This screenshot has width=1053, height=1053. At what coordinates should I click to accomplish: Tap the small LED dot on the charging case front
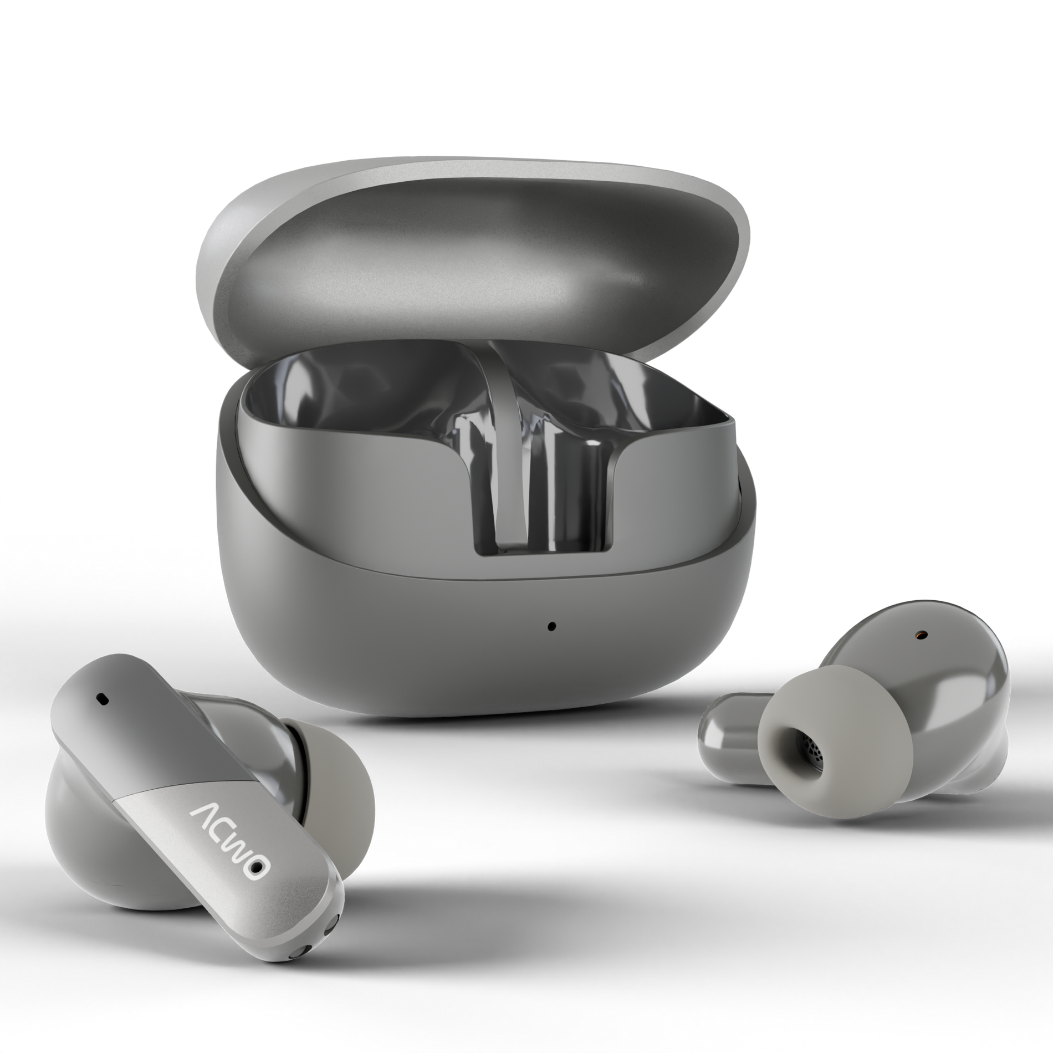pos(550,627)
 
